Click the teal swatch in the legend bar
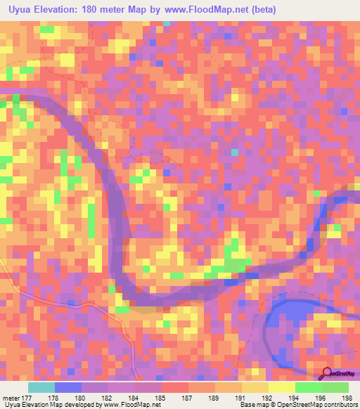41,387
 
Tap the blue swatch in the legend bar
68,387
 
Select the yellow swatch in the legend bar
281,387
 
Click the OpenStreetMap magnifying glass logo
327,372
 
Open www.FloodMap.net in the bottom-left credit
131,405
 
